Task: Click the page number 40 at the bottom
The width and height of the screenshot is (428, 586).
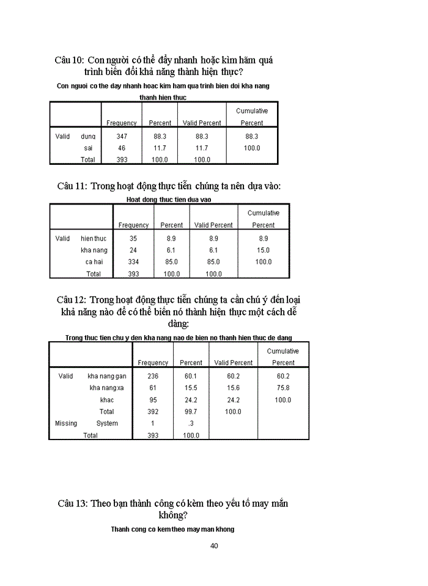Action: pyautogui.click(x=214, y=546)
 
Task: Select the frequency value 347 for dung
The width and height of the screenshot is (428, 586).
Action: pyautogui.click(x=122, y=137)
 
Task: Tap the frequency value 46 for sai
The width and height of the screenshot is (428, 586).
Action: pyautogui.click(x=122, y=148)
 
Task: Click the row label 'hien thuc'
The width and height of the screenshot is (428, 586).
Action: pyautogui.click(x=94, y=239)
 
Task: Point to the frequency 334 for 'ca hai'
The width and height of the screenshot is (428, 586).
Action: pyautogui.click(x=133, y=262)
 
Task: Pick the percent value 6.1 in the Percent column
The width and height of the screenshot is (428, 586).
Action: pyautogui.click(x=171, y=250)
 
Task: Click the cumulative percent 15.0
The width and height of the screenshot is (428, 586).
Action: pyautogui.click(x=264, y=250)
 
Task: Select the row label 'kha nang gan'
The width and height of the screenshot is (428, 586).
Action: pyautogui.click(x=107, y=377)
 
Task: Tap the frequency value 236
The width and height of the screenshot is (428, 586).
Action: pyautogui.click(x=153, y=377)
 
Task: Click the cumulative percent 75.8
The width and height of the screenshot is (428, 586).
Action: pyautogui.click(x=283, y=388)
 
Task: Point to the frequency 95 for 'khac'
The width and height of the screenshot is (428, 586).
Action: pyautogui.click(x=153, y=400)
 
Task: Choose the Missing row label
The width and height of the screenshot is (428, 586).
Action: pyautogui.click(x=66, y=424)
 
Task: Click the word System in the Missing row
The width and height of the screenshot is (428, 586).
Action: pyautogui.click(x=107, y=424)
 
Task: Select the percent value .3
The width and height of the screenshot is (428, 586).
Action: pyautogui.click(x=191, y=424)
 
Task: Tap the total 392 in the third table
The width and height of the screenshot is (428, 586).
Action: pyautogui.click(x=153, y=412)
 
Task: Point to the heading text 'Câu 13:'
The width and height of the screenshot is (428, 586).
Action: pyautogui.click(x=73, y=504)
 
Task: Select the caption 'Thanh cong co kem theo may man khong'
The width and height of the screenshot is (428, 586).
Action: pyautogui.click(x=173, y=529)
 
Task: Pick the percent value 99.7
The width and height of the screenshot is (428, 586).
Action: pyautogui.click(x=191, y=412)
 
